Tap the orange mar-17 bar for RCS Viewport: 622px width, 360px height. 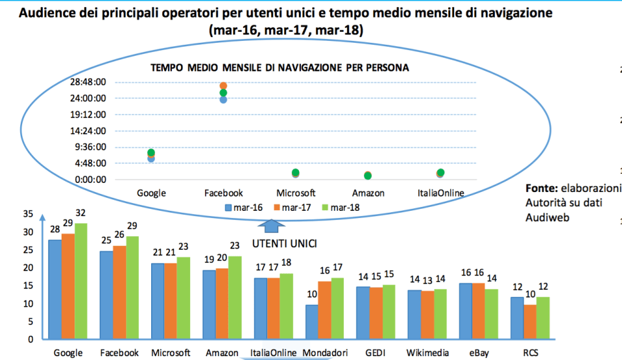pyautogui.click(x=531, y=322)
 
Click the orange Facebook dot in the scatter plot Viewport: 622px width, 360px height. pyautogui.click(x=223, y=86)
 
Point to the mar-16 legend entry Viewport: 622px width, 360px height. pyautogui.click(x=243, y=208)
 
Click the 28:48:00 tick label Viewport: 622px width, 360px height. pyautogui.click(x=88, y=82)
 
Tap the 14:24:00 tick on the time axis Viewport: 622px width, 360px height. pyautogui.click(x=88, y=130)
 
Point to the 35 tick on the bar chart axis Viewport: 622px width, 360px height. pyautogui.click(x=27, y=214)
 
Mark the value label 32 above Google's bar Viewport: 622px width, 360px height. pyautogui.click(x=80, y=213)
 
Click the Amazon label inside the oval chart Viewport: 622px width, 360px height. pyautogui.click(x=368, y=193)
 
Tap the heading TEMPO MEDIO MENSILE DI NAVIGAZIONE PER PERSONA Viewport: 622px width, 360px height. pyautogui.click(x=280, y=67)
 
